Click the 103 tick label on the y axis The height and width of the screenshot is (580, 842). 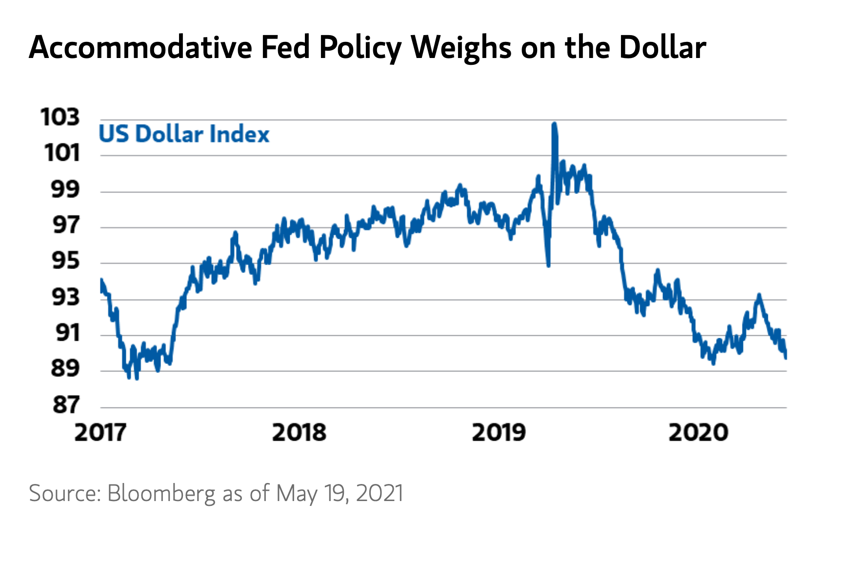click(x=60, y=117)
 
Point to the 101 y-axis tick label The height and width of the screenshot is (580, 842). click(x=62, y=153)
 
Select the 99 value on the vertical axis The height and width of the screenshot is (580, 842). click(x=65, y=189)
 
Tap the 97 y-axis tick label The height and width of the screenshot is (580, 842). click(x=65, y=225)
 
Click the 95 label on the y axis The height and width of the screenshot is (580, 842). click(x=65, y=261)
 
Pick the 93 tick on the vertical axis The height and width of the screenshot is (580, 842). click(x=65, y=297)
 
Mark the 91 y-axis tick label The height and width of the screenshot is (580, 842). click(x=66, y=333)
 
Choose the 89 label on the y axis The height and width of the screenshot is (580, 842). click(x=65, y=368)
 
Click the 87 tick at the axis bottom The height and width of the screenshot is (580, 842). click(x=65, y=405)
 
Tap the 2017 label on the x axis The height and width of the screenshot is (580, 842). click(x=100, y=432)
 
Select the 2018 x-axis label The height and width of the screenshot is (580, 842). click(x=299, y=432)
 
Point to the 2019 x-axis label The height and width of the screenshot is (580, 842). click(x=499, y=432)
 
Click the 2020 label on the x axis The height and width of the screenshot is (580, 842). click(x=698, y=432)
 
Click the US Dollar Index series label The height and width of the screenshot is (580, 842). click(x=184, y=134)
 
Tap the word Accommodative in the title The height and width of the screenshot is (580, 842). click(x=140, y=47)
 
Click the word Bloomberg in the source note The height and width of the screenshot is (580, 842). click(x=161, y=493)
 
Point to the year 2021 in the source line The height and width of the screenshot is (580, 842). click(x=380, y=493)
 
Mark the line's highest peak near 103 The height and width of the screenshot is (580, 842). click(x=554, y=124)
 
